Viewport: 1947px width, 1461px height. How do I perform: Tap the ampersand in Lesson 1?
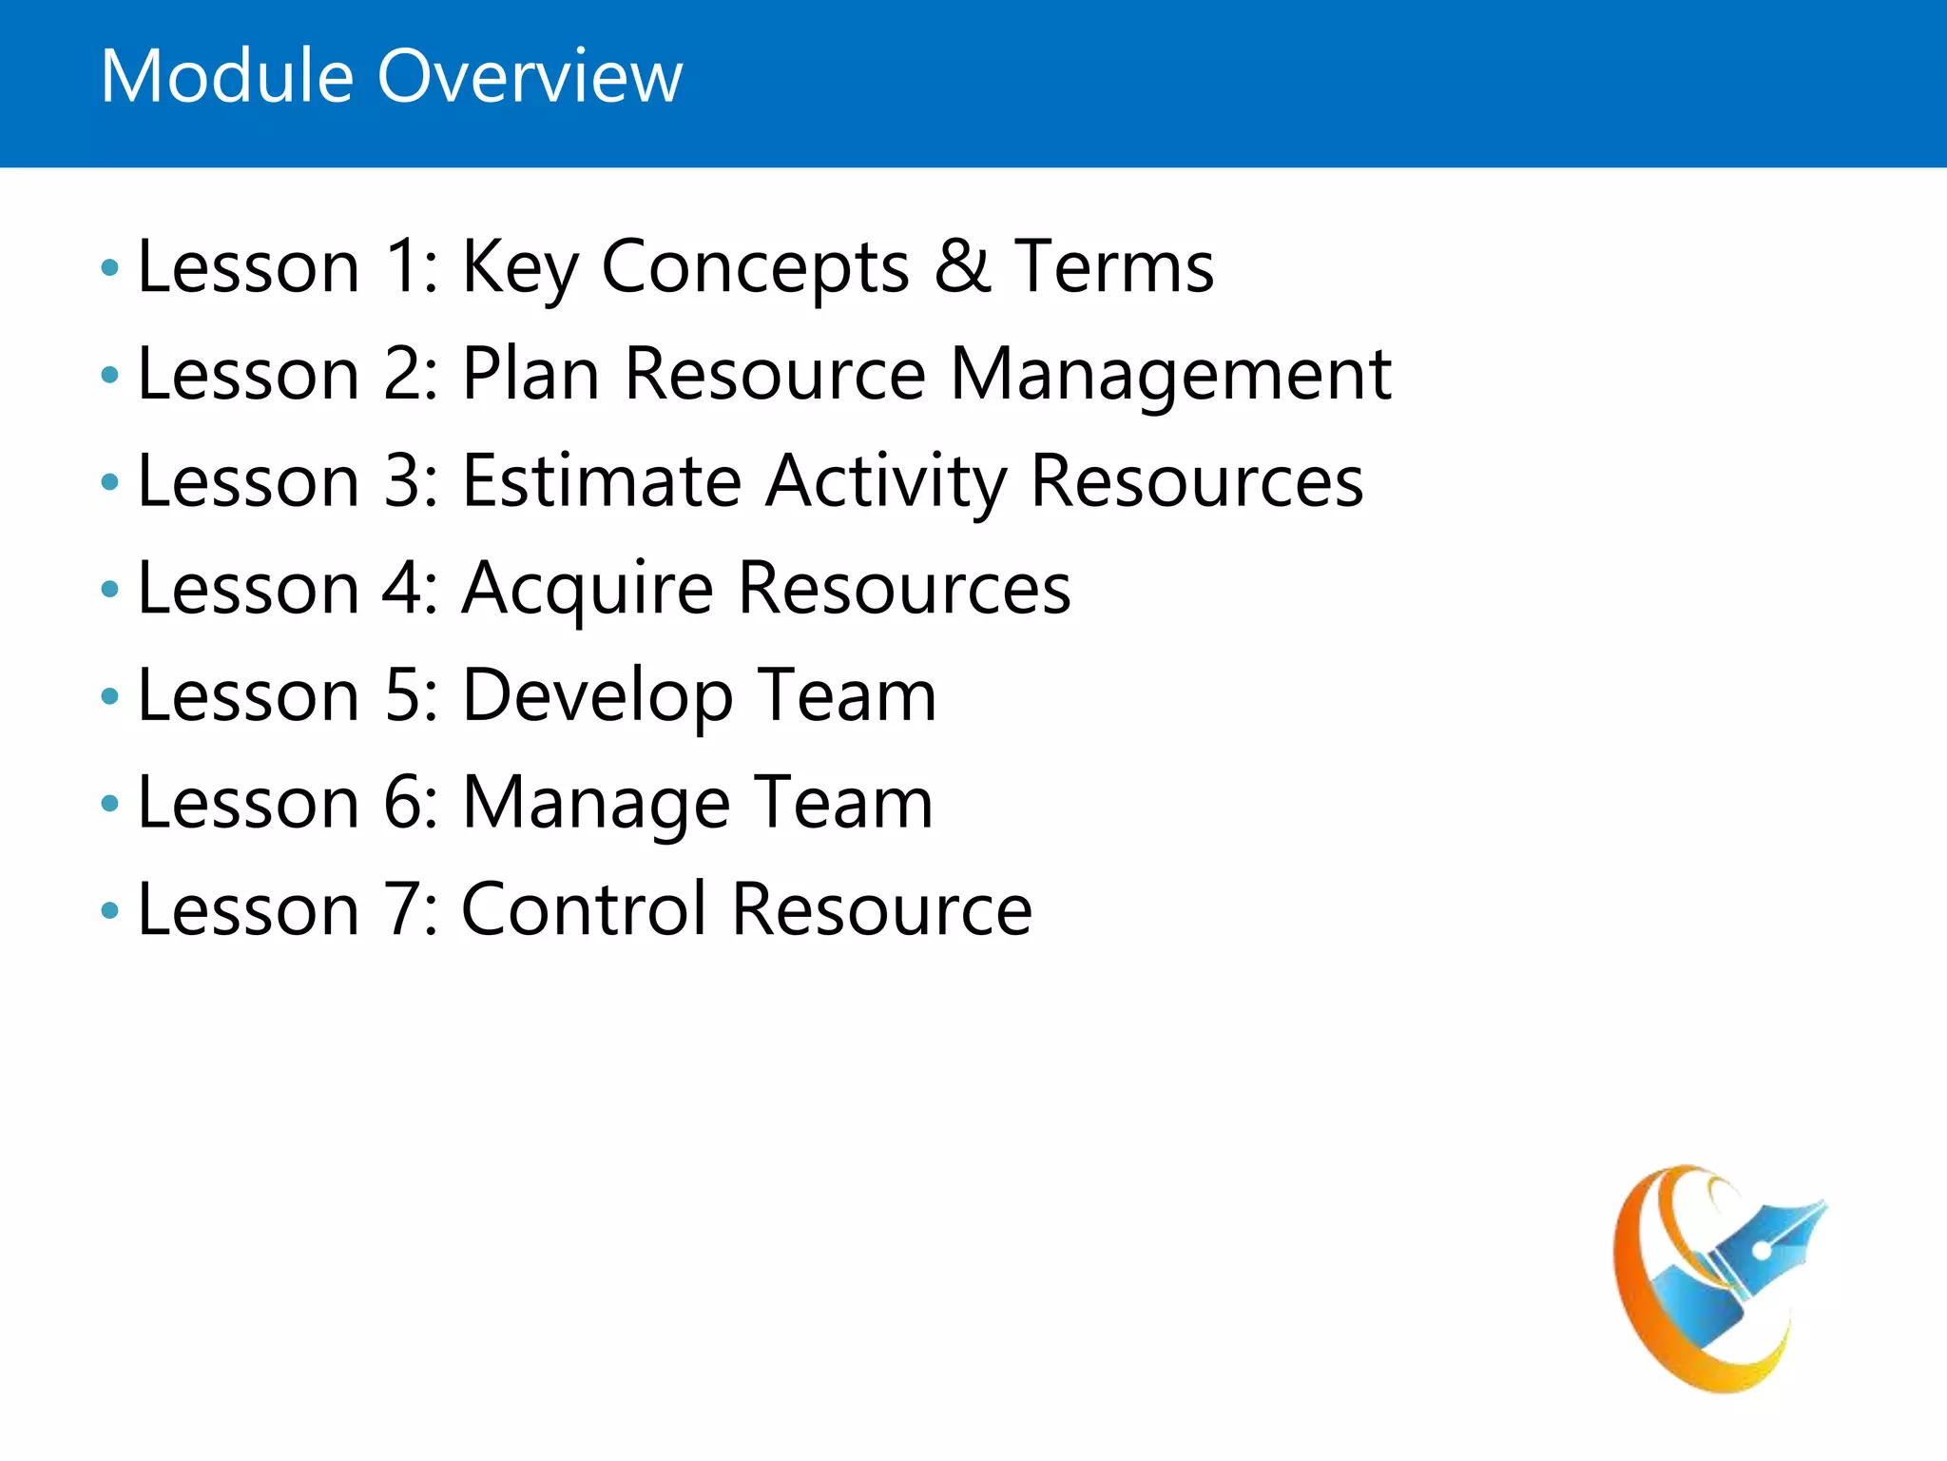962,266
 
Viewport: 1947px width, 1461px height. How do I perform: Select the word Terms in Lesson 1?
1113,266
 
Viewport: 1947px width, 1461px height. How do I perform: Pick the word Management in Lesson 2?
1170,375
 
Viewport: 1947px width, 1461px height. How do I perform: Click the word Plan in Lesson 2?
530,373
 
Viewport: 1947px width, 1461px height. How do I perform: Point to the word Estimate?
601,481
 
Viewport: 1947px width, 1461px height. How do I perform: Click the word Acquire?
587,590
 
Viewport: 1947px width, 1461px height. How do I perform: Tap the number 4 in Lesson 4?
402,588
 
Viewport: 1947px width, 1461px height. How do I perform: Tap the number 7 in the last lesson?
402,909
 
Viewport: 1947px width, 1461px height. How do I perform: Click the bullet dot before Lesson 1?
110,268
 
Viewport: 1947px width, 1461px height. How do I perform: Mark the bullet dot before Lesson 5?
110,697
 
